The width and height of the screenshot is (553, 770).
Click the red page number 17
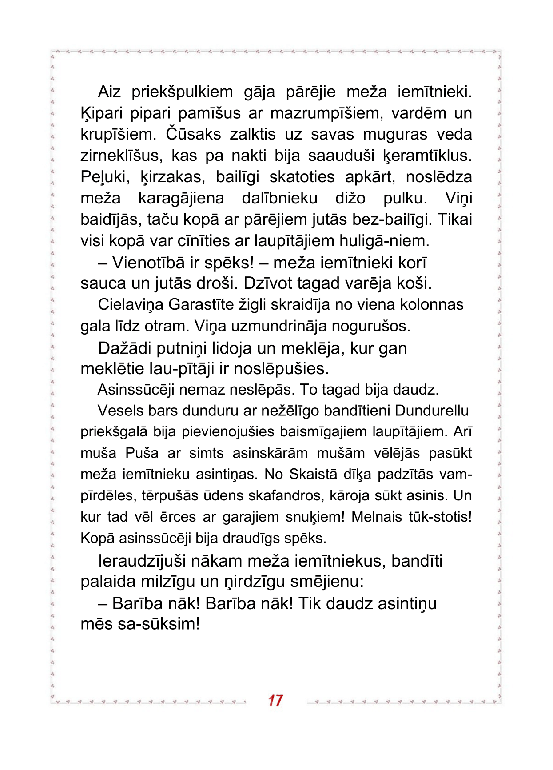tap(275, 700)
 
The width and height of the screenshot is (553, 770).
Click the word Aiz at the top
tap(109, 92)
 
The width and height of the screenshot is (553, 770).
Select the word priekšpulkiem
tap(182, 92)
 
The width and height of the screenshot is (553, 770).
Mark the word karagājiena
tap(181, 198)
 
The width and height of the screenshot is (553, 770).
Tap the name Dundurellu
tap(431, 411)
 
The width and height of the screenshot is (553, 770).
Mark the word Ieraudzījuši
tap(142, 561)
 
